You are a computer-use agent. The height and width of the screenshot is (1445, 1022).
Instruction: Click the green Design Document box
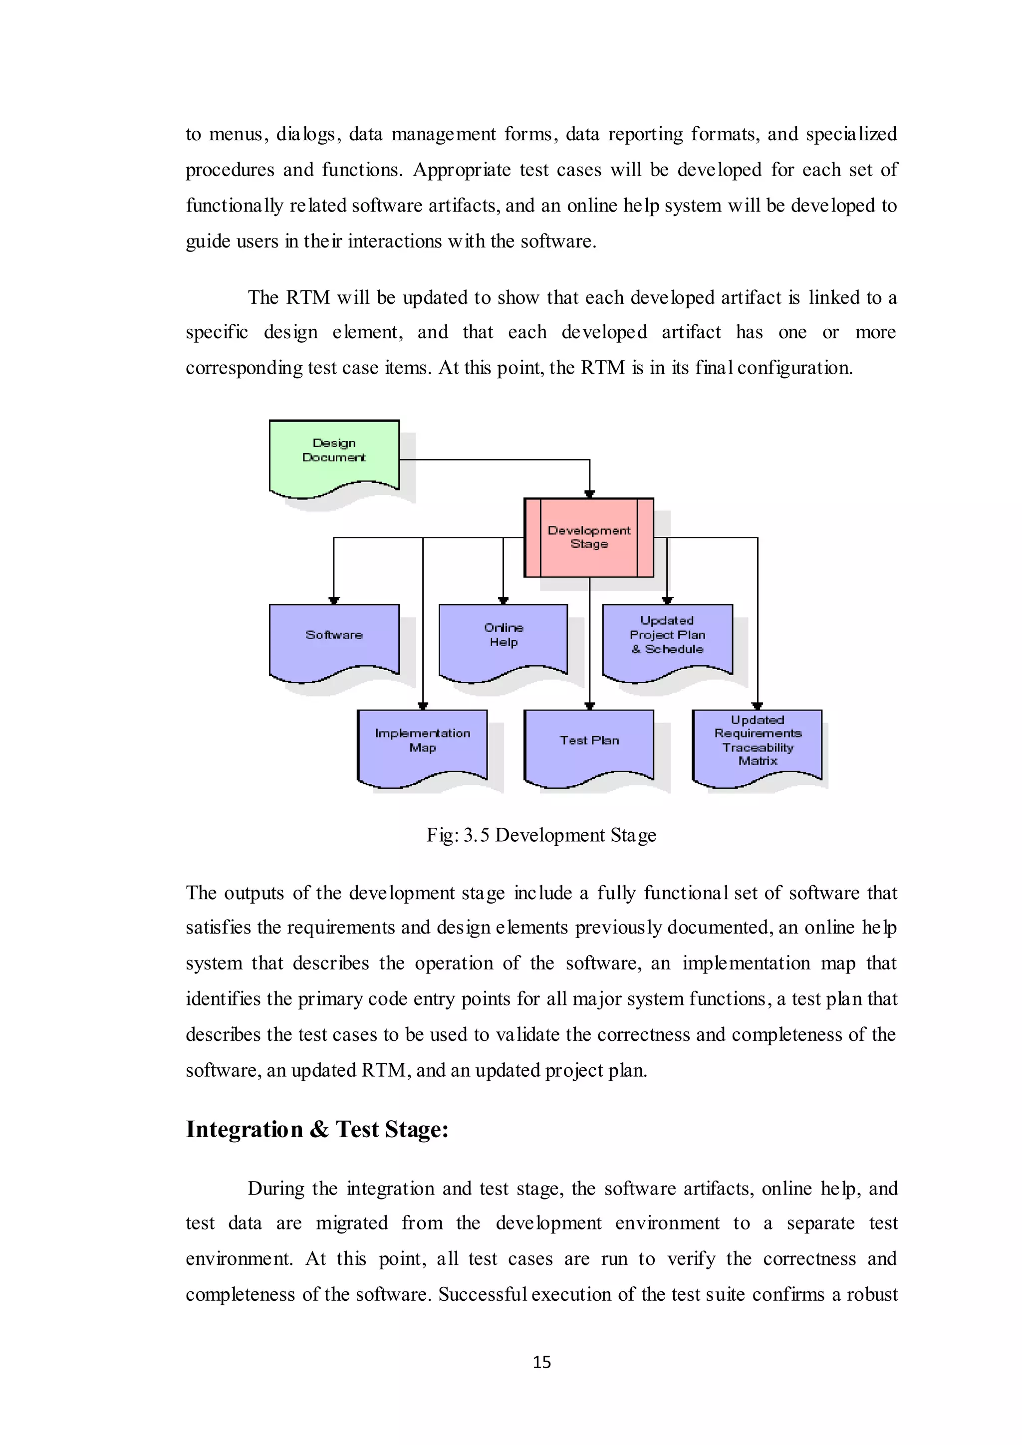click(x=333, y=455)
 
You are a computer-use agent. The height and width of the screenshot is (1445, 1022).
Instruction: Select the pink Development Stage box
click(x=589, y=537)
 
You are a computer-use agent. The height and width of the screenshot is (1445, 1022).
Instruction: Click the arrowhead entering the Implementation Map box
click(x=423, y=706)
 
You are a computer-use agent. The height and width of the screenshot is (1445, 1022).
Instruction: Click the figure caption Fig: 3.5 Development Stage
click(x=541, y=835)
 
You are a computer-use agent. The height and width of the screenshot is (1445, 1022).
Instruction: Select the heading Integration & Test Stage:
click(x=316, y=1130)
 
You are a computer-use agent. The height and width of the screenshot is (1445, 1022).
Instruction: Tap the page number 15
click(x=542, y=1363)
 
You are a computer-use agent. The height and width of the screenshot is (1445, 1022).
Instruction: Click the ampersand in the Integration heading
click(x=319, y=1130)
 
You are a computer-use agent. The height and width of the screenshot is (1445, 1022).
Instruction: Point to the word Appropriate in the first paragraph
click(x=461, y=170)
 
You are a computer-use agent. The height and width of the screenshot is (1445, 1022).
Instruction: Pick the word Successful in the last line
click(x=482, y=1295)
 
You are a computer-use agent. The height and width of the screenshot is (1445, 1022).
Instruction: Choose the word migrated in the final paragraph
click(x=352, y=1223)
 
